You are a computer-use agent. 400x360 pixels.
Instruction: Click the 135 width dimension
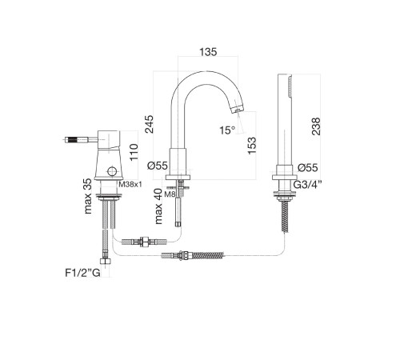point(208,52)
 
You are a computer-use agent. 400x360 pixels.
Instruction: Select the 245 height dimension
point(149,124)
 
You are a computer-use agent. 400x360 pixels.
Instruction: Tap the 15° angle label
point(227,130)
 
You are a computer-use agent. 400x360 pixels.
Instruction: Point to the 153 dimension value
point(251,146)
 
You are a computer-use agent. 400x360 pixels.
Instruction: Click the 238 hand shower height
point(316,126)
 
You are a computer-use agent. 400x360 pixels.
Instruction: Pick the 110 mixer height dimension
point(134,152)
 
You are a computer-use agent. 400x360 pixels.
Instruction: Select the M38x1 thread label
point(130,184)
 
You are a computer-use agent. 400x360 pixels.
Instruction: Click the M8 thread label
point(170,194)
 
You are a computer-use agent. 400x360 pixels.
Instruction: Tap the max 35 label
point(87,196)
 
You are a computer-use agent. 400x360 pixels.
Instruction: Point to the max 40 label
point(158,206)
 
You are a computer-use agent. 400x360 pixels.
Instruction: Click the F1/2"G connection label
point(82,273)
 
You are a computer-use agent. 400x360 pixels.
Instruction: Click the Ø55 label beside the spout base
point(158,166)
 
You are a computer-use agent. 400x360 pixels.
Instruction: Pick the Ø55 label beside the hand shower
point(308,168)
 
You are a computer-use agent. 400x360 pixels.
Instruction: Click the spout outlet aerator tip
point(238,109)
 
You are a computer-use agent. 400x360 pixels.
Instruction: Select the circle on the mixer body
point(112,171)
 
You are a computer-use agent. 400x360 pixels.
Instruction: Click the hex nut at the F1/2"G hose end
point(106,261)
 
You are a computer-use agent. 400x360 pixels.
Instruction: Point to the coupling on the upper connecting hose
point(144,242)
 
